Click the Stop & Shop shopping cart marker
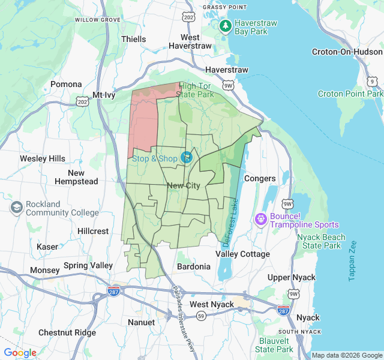pyautogui.click(x=187, y=157)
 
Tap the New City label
pyautogui.click(x=184, y=186)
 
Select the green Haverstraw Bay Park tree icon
pyautogui.click(x=225, y=26)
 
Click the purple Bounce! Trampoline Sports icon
pyautogui.click(x=261, y=219)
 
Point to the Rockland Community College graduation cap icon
pyautogui.click(x=17, y=208)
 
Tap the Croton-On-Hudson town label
pyautogui.click(x=347, y=52)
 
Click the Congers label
pyautogui.click(x=260, y=178)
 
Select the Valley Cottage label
pyautogui.click(x=242, y=254)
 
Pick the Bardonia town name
pyautogui.click(x=194, y=266)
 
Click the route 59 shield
pyautogui.click(x=202, y=316)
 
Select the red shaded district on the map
pyautogui.click(x=144, y=120)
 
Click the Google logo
pyautogui.click(x=20, y=353)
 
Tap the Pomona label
pyautogui.click(x=65, y=85)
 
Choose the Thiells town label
pyautogui.click(x=133, y=39)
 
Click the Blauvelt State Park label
pyautogui.click(x=275, y=345)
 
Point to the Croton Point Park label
pyautogui.click(x=350, y=94)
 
